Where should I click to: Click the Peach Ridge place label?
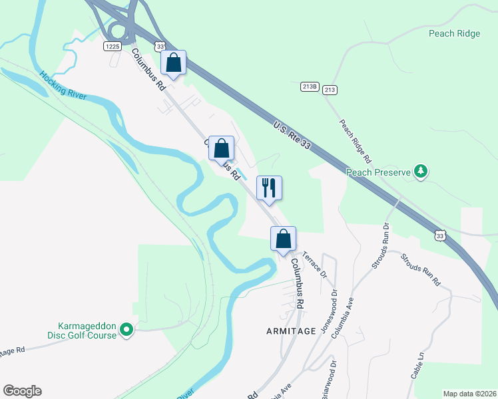(454, 34)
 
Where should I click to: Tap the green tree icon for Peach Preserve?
(420, 172)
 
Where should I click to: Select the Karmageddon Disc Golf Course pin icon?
(126, 329)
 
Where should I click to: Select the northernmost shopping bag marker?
(173, 63)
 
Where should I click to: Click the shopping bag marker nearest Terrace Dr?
(283, 238)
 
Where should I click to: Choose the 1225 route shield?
(112, 46)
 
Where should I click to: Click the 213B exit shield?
(310, 86)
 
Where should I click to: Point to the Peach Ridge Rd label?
(354, 141)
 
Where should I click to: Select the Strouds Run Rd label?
(421, 269)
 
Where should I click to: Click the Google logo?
(22, 391)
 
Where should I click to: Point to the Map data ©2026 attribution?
(469, 393)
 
